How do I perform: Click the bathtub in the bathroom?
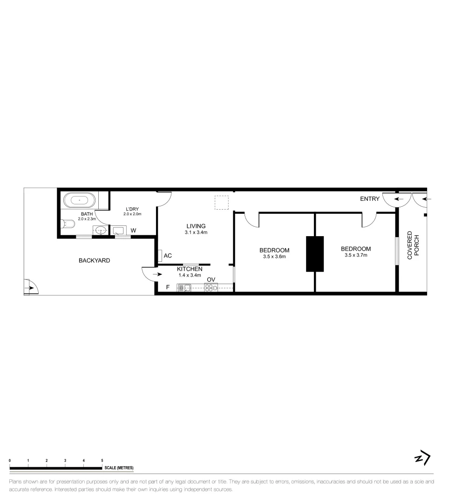tap(80, 201)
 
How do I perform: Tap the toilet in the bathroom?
tap(68, 224)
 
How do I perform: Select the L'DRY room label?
tap(132, 209)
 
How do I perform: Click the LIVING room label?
tap(196, 226)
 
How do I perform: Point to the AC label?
tap(168, 256)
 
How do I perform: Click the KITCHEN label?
tap(190, 269)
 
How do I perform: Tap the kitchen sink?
tap(184, 288)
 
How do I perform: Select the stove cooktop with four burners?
tap(211, 288)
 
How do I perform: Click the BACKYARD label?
tap(94, 260)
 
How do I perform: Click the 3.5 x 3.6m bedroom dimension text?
tap(274, 257)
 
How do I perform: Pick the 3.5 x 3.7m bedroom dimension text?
tap(356, 255)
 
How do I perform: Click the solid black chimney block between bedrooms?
tap(315, 254)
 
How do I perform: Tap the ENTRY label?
tap(370, 199)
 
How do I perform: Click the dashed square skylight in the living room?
tap(222, 203)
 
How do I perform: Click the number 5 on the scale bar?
tap(102, 461)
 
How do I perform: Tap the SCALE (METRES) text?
tap(119, 468)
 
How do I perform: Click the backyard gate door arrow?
tap(30, 288)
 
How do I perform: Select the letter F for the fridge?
tap(168, 287)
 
